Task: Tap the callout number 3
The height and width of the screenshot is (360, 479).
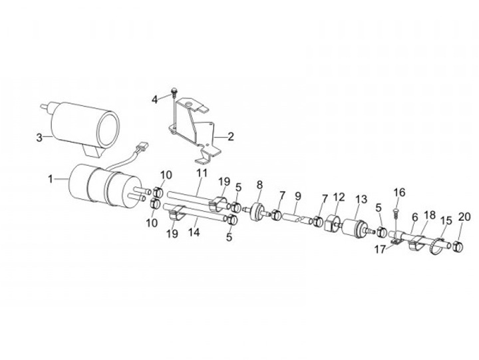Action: point(39,138)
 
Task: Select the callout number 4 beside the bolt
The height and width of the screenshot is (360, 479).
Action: point(154,99)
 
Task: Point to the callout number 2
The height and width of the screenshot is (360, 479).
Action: point(230,138)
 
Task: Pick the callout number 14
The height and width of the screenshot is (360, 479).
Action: point(195,233)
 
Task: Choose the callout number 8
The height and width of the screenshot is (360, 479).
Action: point(259,184)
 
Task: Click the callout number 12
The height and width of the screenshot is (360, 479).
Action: point(339,197)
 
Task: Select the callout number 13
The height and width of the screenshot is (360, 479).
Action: point(361,200)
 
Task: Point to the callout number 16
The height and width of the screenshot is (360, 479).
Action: point(399,193)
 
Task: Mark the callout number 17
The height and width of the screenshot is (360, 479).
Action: point(381,250)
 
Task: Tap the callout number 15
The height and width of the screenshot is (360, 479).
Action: point(446,220)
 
